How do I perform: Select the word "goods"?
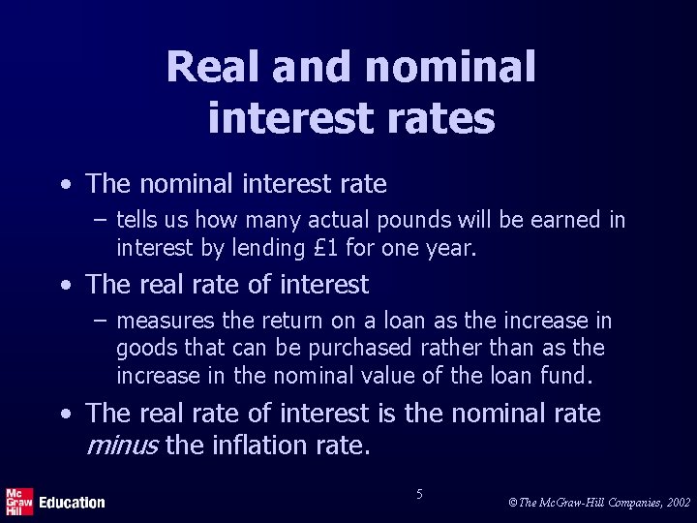(144, 347)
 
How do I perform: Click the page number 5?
(419, 494)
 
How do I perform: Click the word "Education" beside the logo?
(72, 502)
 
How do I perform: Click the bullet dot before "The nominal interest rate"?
(64, 183)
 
